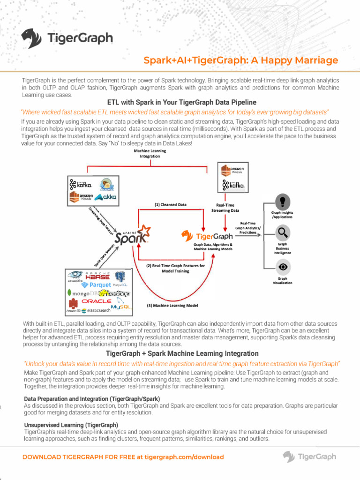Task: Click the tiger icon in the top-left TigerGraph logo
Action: pyautogui.click(x=32, y=38)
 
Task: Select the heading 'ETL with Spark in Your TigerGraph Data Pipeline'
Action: pyautogui.click(x=182, y=102)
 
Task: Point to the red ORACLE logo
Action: pyautogui.click(x=97, y=301)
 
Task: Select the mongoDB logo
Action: pyautogui.click(x=81, y=293)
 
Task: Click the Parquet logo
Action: pyautogui.click(x=97, y=285)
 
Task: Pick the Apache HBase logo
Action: pyautogui.click(x=97, y=276)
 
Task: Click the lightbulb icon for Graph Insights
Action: pyautogui.click(x=282, y=202)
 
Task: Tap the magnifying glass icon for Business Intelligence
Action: pyautogui.click(x=282, y=232)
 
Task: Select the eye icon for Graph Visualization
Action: pyautogui.click(x=282, y=267)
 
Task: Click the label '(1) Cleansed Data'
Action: pyautogui.click(x=170, y=204)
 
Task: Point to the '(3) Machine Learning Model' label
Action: pyautogui.click(x=172, y=306)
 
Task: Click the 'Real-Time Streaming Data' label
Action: pyautogui.click(x=225, y=208)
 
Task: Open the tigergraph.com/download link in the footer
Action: pyautogui.click(x=184, y=457)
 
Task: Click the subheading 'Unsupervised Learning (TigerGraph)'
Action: pyautogui.click(x=71, y=425)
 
